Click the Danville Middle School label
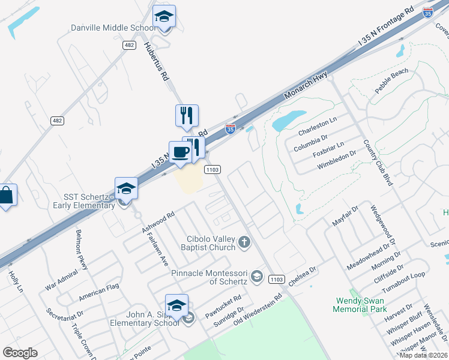pyautogui.click(x=113, y=28)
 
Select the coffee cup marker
pyautogui.click(x=180, y=152)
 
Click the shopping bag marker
pyautogui.click(x=6, y=195)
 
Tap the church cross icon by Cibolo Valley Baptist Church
pyautogui.click(x=244, y=242)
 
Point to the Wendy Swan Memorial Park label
pyautogui.click(x=359, y=304)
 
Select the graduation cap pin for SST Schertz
pyautogui.click(x=127, y=188)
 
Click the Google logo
pyautogui.click(x=20, y=352)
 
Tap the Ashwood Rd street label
pyautogui.click(x=157, y=222)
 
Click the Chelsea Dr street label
pyautogui.click(x=302, y=277)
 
